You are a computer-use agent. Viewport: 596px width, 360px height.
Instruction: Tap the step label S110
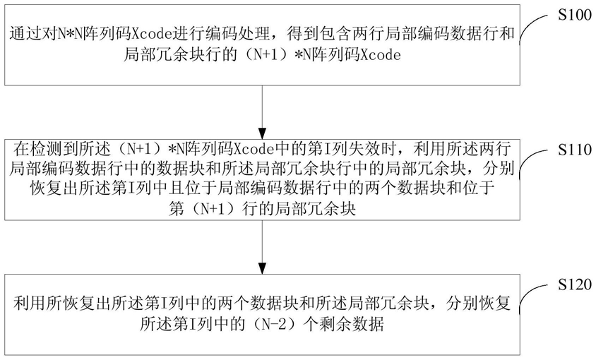[x=569, y=152]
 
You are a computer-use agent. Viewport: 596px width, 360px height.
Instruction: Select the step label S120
[x=569, y=285]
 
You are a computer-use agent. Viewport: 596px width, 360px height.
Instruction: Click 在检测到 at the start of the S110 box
[x=34, y=149]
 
